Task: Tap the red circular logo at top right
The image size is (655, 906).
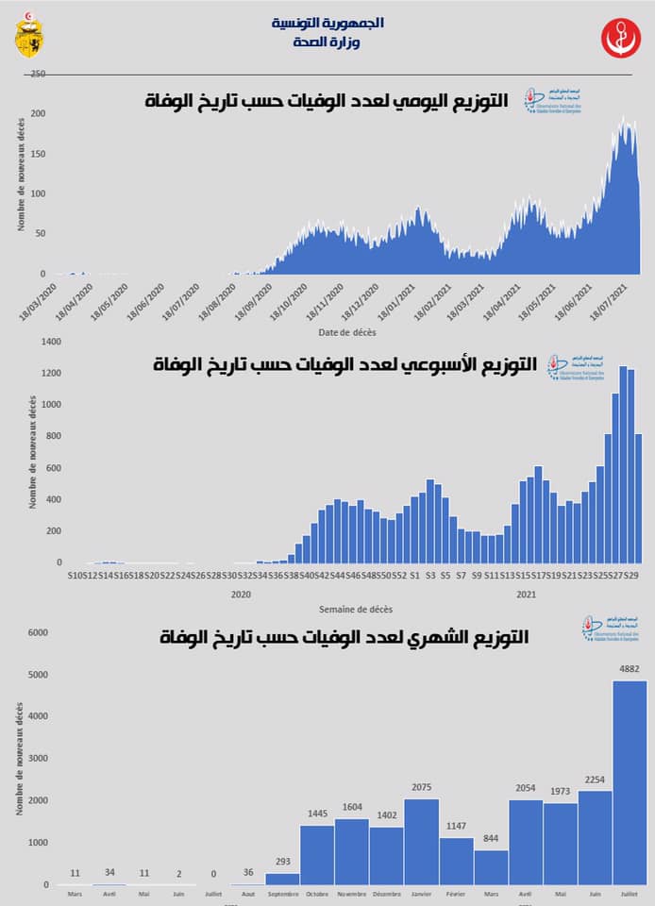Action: click(620, 37)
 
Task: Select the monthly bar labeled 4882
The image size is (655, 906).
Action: click(630, 782)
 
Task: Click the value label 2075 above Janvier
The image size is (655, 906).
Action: click(422, 788)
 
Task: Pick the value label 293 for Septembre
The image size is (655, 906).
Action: click(283, 862)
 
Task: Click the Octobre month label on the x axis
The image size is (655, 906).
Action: click(318, 894)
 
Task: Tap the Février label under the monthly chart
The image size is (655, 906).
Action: click(457, 894)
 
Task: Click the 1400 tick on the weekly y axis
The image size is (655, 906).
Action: click(50, 342)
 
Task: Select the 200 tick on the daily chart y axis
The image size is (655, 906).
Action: click(39, 113)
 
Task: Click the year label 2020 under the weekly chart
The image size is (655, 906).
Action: click(240, 595)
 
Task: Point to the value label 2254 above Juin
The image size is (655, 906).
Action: click(595, 780)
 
